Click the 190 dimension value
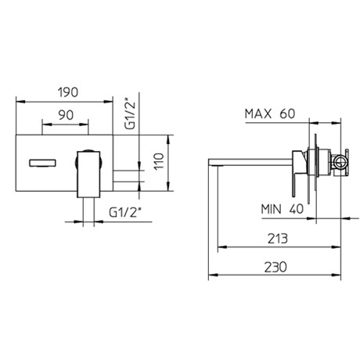[68, 92]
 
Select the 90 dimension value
[66, 115]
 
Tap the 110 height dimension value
[159, 161]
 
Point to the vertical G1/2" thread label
[131, 113]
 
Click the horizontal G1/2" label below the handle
[125, 212]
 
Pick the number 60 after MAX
[287, 113]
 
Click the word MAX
[258, 113]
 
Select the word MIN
[272, 209]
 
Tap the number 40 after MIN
[297, 209]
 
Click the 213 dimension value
[278, 238]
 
